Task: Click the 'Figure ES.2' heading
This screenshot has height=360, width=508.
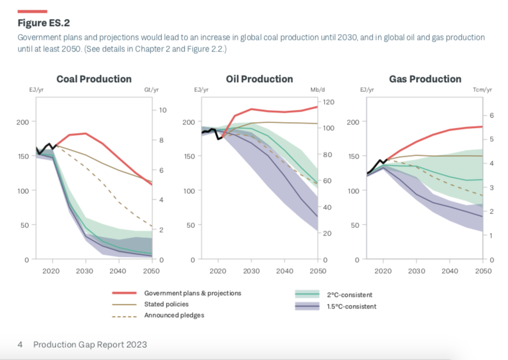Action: pyautogui.click(x=43, y=24)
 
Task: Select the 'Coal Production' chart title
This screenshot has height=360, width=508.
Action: pyautogui.click(x=94, y=79)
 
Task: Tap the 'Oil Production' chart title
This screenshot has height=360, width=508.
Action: pyautogui.click(x=259, y=79)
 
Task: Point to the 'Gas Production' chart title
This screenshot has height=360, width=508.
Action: pyautogui.click(x=425, y=79)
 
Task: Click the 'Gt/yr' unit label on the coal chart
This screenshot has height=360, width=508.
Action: pyautogui.click(x=151, y=90)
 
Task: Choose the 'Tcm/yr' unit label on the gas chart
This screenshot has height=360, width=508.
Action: pyautogui.click(x=482, y=90)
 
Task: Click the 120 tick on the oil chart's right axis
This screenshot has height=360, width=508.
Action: pyautogui.click(x=329, y=102)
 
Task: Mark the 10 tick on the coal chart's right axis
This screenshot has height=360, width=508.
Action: pyautogui.click(x=163, y=110)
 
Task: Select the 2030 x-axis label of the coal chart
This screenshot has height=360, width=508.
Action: pyautogui.click(x=85, y=270)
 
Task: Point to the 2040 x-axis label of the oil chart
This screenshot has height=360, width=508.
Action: pyautogui.click(x=285, y=270)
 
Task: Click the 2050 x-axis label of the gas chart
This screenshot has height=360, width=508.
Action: pyautogui.click(x=483, y=270)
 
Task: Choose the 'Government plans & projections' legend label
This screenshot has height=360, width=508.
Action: pyautogui.click(x=193, y=293)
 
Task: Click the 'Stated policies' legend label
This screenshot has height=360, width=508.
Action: pyautogui.click(x=166, y=304)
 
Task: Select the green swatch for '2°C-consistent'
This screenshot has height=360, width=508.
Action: pyautogui.click(x=307, y=295)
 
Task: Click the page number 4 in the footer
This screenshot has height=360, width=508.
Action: pyautogui.click(x=20, y=345)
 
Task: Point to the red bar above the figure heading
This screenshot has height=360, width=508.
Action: pyautogui.click(x=32, y=11)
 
